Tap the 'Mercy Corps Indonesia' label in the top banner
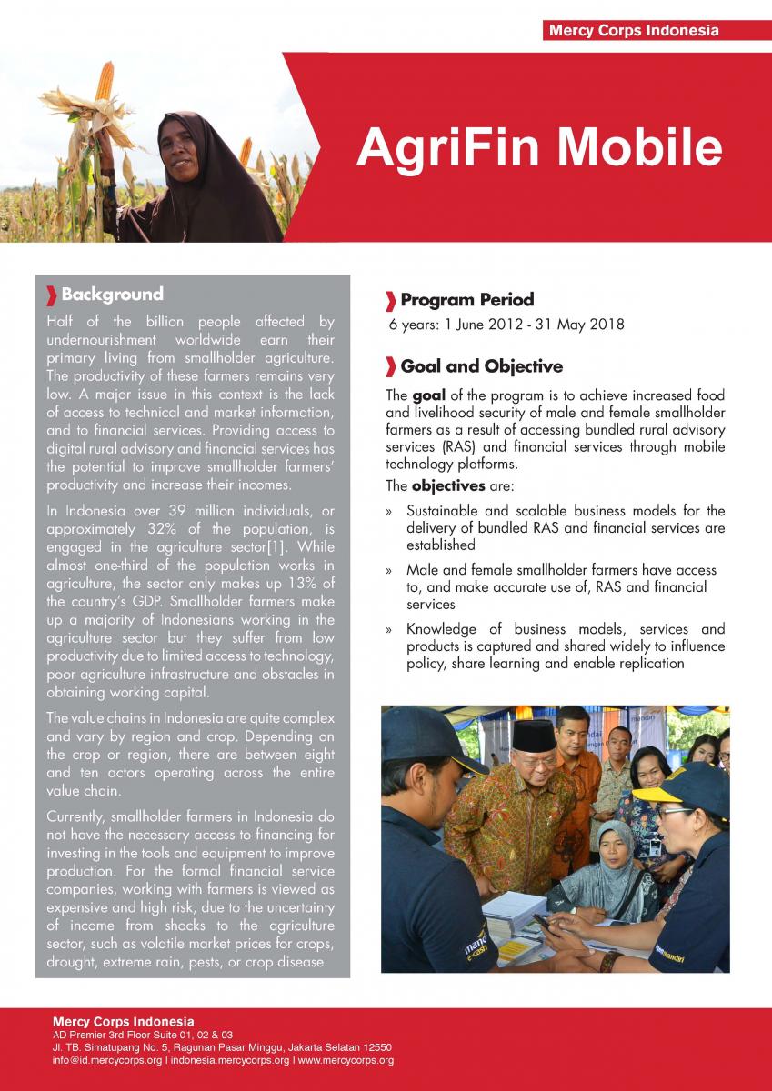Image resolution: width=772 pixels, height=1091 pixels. pyautogui.click(x=634, y=31)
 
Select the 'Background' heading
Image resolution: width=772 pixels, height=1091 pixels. pyautogui.click(x=112, y=295)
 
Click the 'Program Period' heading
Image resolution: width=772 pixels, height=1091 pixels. pyautogui.click(x=466, y=300)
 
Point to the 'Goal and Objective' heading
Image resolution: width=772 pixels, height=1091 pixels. pyautogui.click(x=481, y=367)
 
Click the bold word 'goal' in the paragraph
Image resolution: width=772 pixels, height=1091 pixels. pyautogui.click(x=427, y=396)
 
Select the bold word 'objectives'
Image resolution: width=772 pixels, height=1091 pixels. pyautogui.click(x=447, y=485)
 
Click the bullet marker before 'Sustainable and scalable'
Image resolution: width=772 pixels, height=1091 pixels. pyautogui.click(x=388, y=512)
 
